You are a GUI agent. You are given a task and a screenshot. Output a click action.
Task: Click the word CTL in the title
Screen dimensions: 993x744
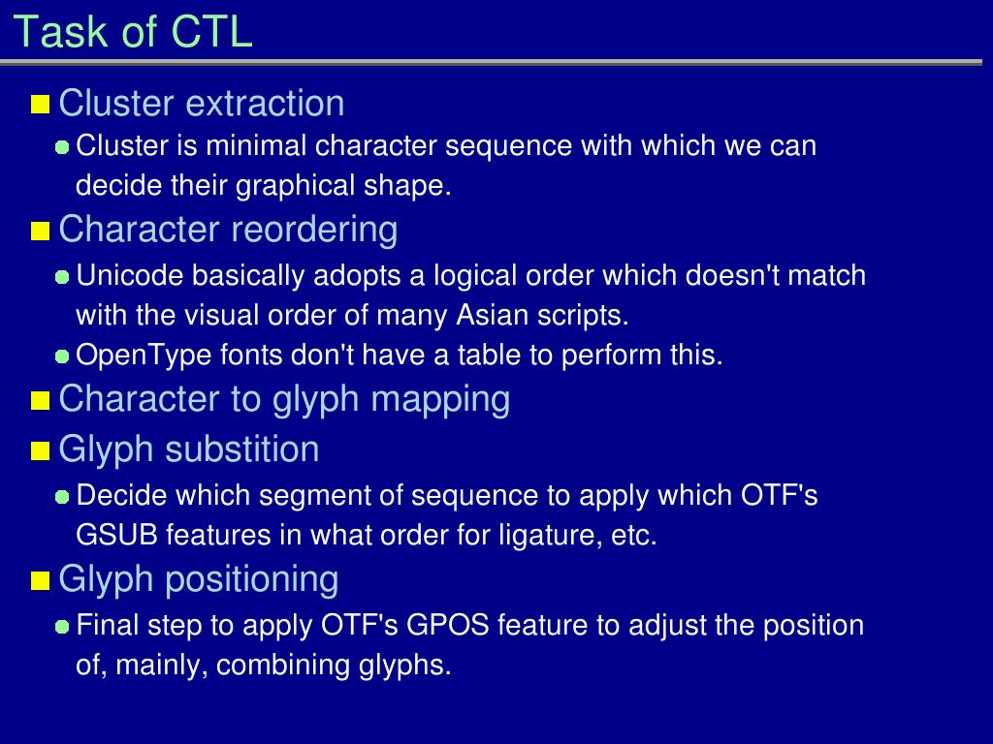pyautogui.click(x=212, y=31)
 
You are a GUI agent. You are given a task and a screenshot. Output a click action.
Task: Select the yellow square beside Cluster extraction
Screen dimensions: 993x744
pyautogui.click(x=40, y=104)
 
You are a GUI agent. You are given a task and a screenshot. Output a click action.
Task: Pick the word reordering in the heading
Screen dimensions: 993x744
pyautogui.click(x=313, y=231)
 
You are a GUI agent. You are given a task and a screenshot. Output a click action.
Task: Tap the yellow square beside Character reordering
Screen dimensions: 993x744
pyautogui.click(x=40, y=232)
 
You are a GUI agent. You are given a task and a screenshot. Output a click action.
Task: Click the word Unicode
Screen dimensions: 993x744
pyautogui.click(x=129, y=276)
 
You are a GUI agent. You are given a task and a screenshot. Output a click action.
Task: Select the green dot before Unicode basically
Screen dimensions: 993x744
pyautogui.click(x=62, y=277)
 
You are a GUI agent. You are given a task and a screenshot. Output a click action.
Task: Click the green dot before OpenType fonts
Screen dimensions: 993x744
pyautogui.click(x=62, y=356)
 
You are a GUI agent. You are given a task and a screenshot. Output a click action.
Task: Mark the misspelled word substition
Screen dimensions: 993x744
pyautogui.click(x=241, y=449)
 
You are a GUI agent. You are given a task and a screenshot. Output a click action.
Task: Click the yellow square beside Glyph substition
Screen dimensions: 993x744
pyautogui.click(x=40, y=451)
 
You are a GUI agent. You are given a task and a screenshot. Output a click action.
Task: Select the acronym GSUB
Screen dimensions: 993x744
pyautogui.click(x=116, y=535)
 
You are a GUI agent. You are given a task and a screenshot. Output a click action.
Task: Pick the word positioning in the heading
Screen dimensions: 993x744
pyautogui.click(x=252, y=580)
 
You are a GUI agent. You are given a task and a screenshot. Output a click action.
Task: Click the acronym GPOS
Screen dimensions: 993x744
pyautogui.click(x=448, y=625)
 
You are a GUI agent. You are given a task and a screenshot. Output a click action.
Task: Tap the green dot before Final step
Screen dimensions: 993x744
pyautogui.click(x=62, y=627)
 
